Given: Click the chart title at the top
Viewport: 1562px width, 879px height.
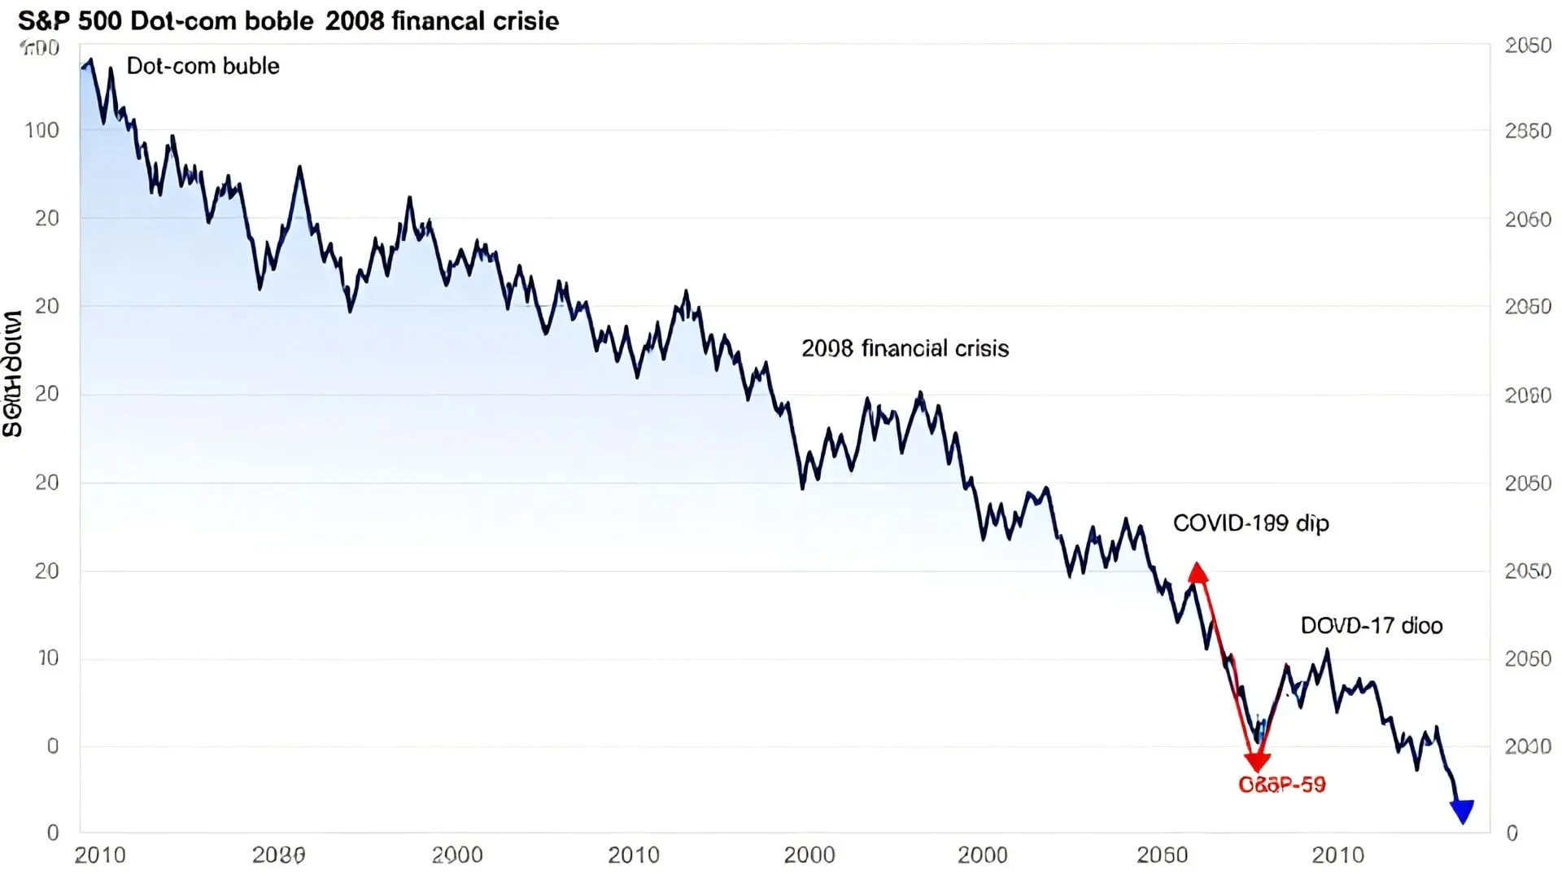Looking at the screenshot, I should tap(288, 20).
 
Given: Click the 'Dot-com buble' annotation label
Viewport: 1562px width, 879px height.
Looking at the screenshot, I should tap(203, 66).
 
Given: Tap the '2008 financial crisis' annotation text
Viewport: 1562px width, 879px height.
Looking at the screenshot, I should tap(905, 348).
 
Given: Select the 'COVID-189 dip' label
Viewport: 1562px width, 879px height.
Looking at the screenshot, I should tap(1250, 523).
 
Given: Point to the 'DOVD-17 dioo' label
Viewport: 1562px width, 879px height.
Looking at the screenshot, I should tap(1371, 625).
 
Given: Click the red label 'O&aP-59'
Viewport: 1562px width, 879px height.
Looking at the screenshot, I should tap(1281, 785).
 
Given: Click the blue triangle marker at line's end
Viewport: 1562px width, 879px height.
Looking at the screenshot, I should tap(1462, 811).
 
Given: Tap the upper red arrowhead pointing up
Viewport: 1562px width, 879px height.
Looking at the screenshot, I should tap(1198, 572).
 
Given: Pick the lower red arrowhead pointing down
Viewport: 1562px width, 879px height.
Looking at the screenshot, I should tap(1257, 761).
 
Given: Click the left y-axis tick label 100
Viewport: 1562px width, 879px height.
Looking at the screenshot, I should tap(42, 130).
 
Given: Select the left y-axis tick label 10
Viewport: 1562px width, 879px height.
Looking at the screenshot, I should tap(48, 658).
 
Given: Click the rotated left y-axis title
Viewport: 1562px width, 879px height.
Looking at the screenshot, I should tap(12, 374).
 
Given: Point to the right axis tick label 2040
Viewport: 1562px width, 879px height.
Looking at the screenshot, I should tap(1528, 746).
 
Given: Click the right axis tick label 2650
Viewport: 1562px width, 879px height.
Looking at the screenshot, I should tap(1528, 131).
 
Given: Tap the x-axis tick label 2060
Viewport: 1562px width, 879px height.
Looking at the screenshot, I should tap(1162, 855).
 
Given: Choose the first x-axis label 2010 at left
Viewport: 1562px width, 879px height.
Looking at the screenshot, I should tap(100, 855).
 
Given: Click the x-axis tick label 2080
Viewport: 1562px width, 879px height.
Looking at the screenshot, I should tap(278, 855).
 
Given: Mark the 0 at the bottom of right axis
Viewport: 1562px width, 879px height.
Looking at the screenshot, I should tap(1512, 833).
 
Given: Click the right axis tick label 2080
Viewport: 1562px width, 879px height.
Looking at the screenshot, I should tap(1528, 396).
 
